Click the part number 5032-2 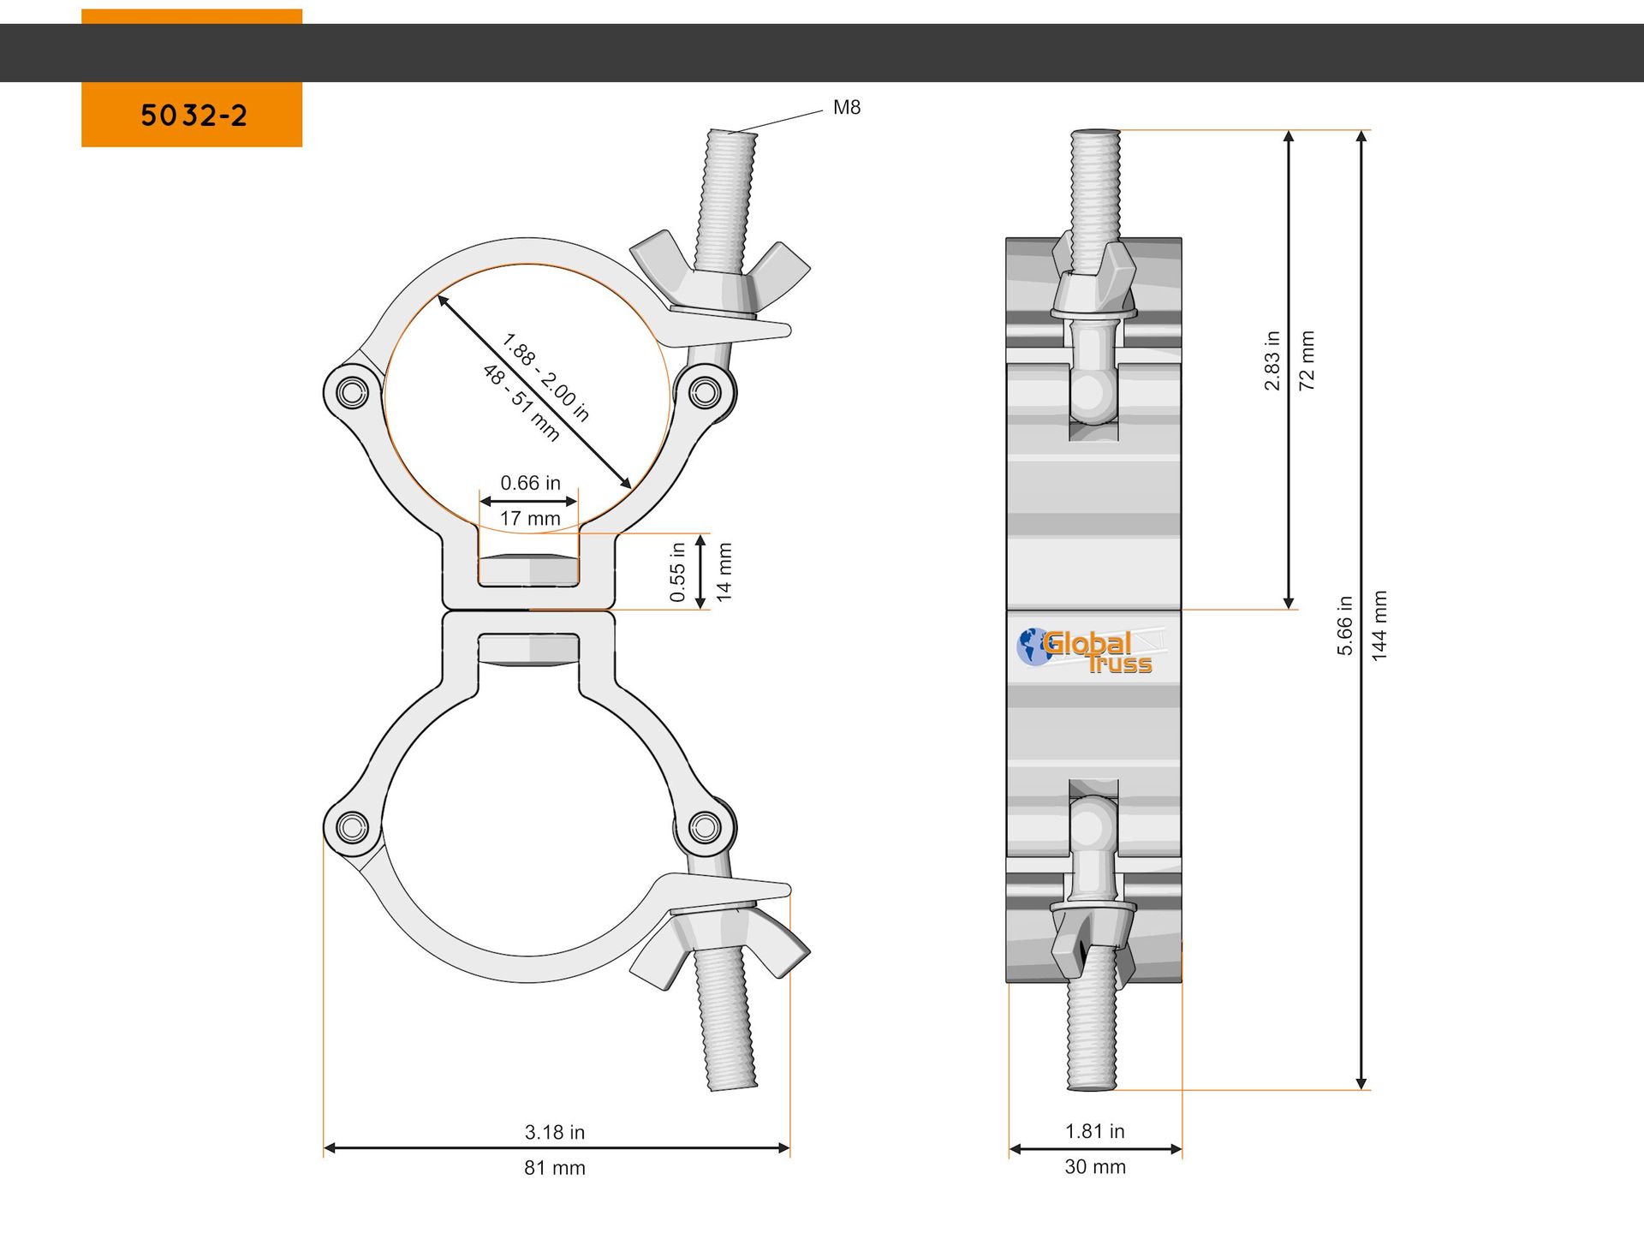tap(194, 116)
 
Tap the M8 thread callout tap(846, 108)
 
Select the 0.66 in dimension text tap(530, 483)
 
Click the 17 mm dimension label tap(530, 519)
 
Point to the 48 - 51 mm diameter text tap(521, 403)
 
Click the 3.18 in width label tap(555, 1132)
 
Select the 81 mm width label tap(555, 1168)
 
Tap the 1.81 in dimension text tap(1094, 1131)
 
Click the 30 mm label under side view tap(1094, 1167)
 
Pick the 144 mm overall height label tap(1379, 626)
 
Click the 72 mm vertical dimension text tap(1307, 361)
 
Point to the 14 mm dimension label tap(724, 572)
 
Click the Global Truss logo tap(1085, 651)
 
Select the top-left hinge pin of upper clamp tap(351, 393)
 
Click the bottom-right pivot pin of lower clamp tap(705, 827)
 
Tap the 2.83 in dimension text tap(1272, 361)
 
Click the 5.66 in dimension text tap(1345, 626)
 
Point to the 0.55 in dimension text tap(677, 572)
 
